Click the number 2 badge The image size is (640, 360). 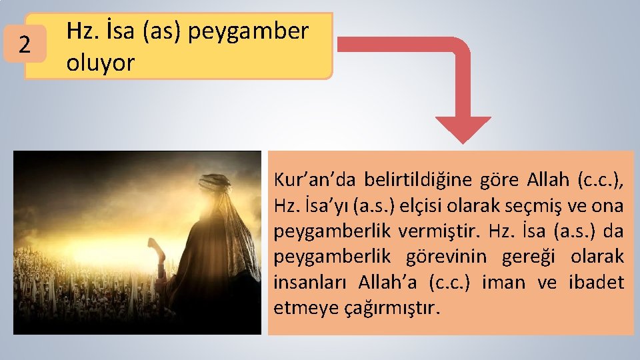coord(24,46)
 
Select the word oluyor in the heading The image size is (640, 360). coord(100,63)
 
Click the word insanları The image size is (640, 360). coord(312,282)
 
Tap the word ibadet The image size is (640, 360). coord(596,282)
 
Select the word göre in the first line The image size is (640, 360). coord(496,179)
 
